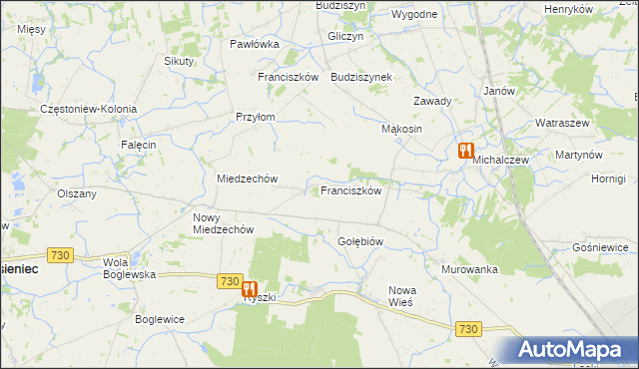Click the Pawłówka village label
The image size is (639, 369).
click(254, 44)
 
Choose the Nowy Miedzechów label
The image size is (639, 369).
click(223, 222)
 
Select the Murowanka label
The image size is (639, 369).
click(469, 269)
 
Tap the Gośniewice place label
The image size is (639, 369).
click(600, 246)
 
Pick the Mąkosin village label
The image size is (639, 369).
click(403, 130)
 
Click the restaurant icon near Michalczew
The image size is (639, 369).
click(465, 152)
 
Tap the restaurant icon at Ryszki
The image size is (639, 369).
click(250, 289)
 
